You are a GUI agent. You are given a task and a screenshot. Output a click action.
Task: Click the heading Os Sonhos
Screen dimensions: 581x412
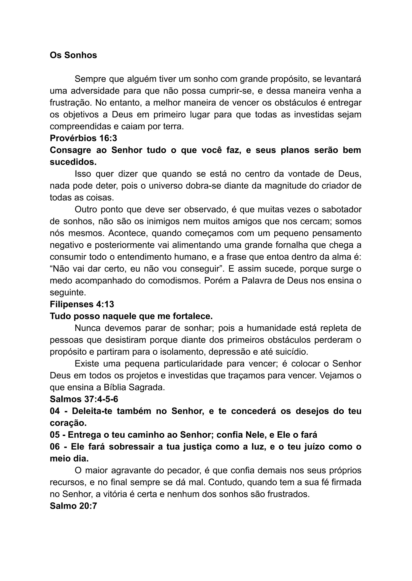point(73,55)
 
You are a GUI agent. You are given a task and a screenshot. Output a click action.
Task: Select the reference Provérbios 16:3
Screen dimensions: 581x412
point(83,138)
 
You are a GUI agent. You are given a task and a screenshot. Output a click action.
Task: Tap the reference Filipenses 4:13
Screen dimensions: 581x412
point(82,304)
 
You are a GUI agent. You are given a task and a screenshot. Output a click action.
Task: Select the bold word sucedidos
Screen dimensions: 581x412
point(73,162)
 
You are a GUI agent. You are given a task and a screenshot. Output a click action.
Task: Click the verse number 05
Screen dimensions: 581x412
point(55,435)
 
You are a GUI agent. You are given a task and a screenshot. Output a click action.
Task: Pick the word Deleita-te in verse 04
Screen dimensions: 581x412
point(92,411)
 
